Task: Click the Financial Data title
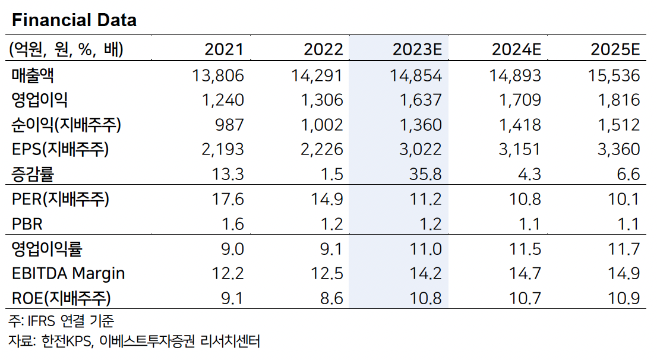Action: pyautogui.click(x=74, y=20)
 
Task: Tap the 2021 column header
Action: pyautogui.click(x=224, y=50)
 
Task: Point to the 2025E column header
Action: pyautogui.click(x=615, y=50)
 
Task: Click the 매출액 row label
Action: pyautogui.click(x=36, y=75)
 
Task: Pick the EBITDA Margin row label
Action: pyautogui.click(x=68, y=273)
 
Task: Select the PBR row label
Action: pyautogui.click(x=28, y=224)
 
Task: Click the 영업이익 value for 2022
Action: pyautogui.click(x=323, y=100)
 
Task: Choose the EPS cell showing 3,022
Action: pyautogui.click(x=422, y=150)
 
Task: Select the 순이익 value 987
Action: pyautogui.click(x=229, y=125)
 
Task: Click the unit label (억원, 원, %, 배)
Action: pyautogui.click(x=66, y=50)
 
